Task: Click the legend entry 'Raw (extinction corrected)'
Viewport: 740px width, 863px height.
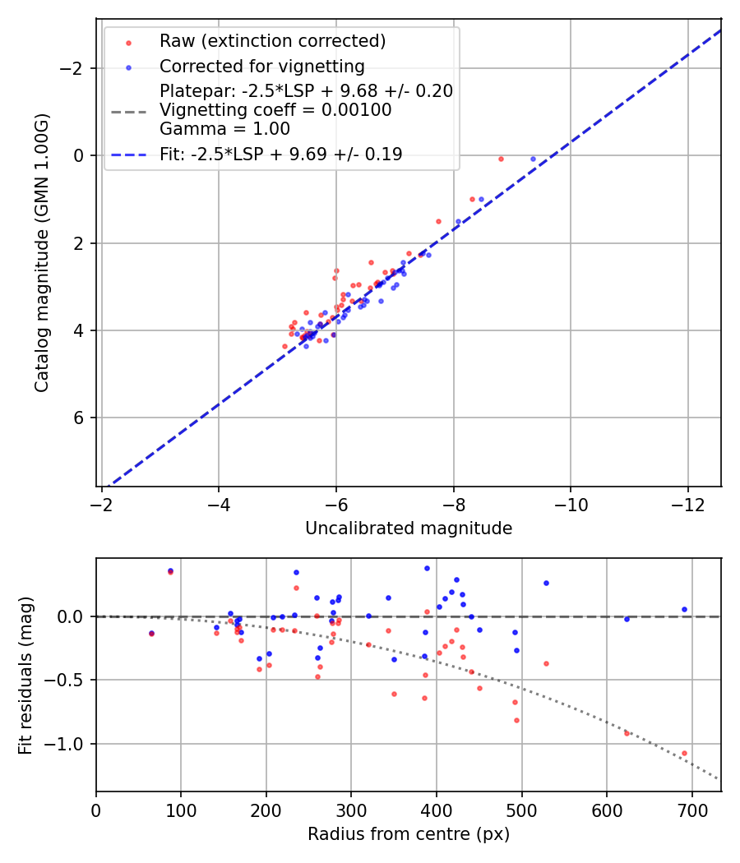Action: pyautogui.click(x=272, y=41)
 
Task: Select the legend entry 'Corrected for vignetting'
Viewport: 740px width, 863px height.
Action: pyautogui.click(x=261, y=66)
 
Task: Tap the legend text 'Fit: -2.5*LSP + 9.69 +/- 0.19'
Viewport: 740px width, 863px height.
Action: pyautogui.click(x=281, y=155)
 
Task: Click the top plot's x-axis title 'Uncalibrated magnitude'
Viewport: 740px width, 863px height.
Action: pyautogui.click(x=409, y=528)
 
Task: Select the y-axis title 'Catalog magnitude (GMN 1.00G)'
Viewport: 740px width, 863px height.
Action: pyautogui.click(x=42, y=252)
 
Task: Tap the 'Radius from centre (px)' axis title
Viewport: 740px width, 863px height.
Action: pyautogui.click(x=409, y=834)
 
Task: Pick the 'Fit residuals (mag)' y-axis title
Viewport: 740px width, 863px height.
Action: pyautogui.click(x=25, y=675)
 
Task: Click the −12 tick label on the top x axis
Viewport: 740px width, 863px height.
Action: pyautogui.click(x=689, y=504)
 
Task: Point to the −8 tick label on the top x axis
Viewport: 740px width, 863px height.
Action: pyautogui.click(x=454, y=504)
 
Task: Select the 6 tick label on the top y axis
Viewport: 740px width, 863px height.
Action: pyautogui.click(x=79, y=418)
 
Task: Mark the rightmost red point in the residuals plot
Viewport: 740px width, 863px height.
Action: pyautogui.click(x=684, y=753)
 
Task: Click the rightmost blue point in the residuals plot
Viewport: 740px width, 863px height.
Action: pyautogui.click(x=684, y=610)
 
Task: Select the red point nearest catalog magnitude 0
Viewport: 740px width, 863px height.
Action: pyautogui.click(x=501, y=159)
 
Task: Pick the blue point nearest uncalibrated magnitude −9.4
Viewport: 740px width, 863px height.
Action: pyautogui.click(x=533, y=159)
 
